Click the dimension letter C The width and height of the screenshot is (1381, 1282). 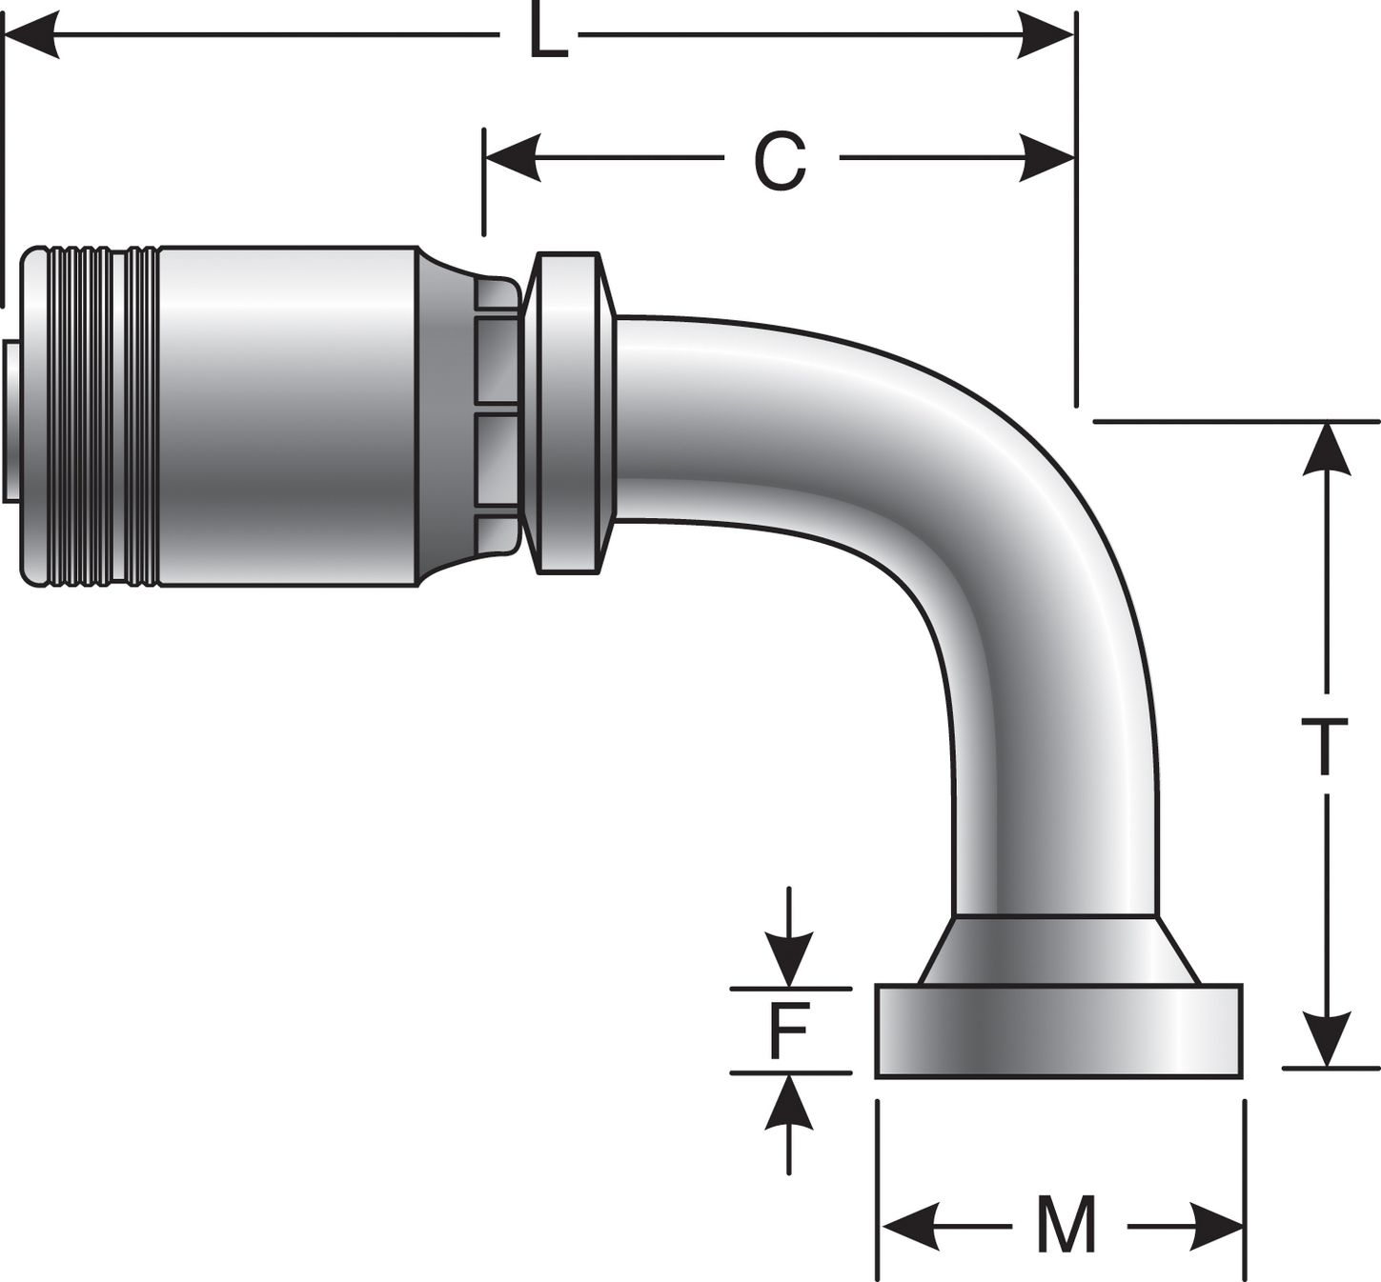(780, 159)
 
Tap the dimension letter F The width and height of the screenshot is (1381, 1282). (789, 1032)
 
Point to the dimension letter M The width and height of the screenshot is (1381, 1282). (1066, 1226)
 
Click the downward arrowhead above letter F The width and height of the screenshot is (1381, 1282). (788, 961)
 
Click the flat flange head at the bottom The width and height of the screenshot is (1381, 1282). (1059, 1032)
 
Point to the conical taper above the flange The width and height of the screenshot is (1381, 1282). (1058, 950)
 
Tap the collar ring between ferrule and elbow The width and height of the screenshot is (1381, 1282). (569, 412)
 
